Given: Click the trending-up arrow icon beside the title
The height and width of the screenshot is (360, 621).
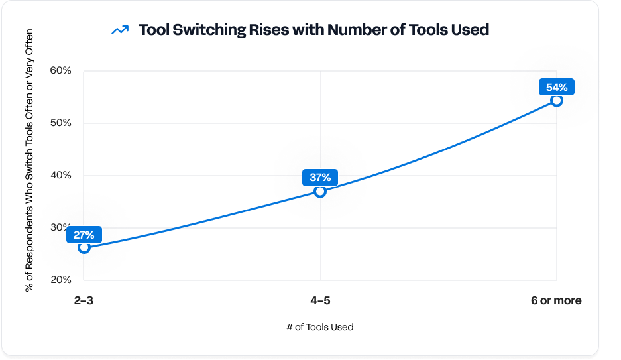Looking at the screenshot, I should coord(120,30).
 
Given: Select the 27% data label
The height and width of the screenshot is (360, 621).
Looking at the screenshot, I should coord(84,234).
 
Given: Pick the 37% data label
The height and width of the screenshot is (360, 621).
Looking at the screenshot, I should coord(320,178).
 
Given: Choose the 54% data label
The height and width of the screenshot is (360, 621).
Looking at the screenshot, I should coord(556,87).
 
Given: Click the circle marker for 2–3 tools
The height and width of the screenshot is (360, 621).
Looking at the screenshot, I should coord(84,247).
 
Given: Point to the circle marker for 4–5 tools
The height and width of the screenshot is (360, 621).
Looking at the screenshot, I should coord(320,191).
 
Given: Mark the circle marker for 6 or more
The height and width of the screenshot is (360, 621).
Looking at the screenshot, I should coord(557,100).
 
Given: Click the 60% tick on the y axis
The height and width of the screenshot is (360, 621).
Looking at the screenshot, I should coord(60,70).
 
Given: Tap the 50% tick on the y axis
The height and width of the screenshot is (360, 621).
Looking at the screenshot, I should coord(60,123).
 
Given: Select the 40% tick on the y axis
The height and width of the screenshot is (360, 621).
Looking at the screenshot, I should coord(60,175).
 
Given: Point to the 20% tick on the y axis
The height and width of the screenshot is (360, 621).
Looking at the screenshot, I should coord(60,280).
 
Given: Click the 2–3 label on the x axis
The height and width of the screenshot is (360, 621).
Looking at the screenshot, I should coord(84,300).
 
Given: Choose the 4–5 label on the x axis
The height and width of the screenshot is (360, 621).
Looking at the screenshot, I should coord(320,300).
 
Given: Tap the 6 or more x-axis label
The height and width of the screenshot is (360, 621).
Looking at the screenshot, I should coord(556,300).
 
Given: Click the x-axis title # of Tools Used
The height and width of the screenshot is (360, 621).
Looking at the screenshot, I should coord(320,327).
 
